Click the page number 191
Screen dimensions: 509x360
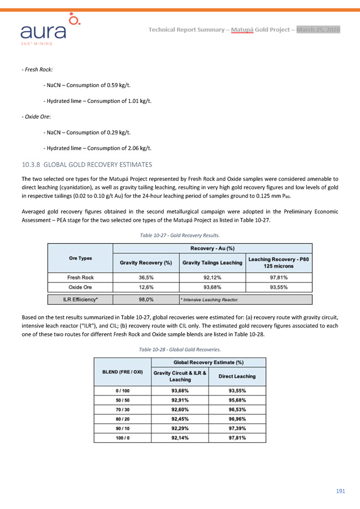pos(340,491)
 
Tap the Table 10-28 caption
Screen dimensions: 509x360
pos(180,349)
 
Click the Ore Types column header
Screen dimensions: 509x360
pos(81,258)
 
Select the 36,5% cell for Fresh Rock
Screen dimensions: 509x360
pos(146,278)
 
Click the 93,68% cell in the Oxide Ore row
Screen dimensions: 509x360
pos(212,287)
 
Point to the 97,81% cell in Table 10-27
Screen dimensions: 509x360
pos(279,278)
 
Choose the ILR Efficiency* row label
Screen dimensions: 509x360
pos(81,299)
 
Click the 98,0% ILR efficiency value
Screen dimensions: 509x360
pos(146,299)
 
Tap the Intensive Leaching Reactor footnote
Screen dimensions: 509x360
pos(210,299)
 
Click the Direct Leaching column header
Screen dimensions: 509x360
pos(237,376)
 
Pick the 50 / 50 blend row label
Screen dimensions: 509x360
pos(122,400)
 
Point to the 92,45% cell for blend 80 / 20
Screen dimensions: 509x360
pos(180,419)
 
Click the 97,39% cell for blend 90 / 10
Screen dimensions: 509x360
pos(237,429)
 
